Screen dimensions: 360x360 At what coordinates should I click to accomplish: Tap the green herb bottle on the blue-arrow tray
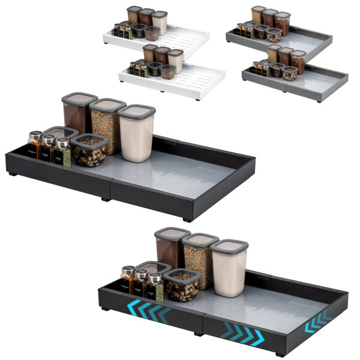156,288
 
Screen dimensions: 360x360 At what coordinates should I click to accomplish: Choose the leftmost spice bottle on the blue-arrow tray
127,280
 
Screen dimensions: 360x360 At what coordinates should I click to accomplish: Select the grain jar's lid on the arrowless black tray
107,104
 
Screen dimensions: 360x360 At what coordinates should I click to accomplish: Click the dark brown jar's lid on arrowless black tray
79,97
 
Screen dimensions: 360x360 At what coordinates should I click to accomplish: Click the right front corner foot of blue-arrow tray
280,354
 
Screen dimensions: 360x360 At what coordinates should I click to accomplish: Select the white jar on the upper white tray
160,23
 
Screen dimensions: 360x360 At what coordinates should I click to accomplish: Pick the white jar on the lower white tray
175,61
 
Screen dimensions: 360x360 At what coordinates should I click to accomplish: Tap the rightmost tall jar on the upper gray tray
283,23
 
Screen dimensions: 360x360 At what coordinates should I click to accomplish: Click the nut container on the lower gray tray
290,73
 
